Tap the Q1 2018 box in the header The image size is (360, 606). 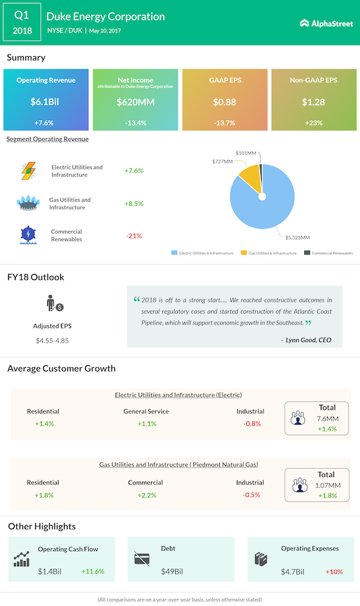pyautogui.click(x=21, y=23)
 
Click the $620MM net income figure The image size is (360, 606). pyautogui.click(x=136, y=102)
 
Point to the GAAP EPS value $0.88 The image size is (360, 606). pyautogui.click(x=224, y=102)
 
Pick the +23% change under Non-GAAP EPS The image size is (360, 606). pyautogui.click(x=314, y=123)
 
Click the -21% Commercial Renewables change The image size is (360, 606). pyautogui.click(x=134, y=236)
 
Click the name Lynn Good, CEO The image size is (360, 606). pyautogui.click(x=306, y=340)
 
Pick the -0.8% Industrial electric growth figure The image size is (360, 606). pyautogui.click(x=252, y=424)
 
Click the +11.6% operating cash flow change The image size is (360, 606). pyautogui.click(x=92, y=572)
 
